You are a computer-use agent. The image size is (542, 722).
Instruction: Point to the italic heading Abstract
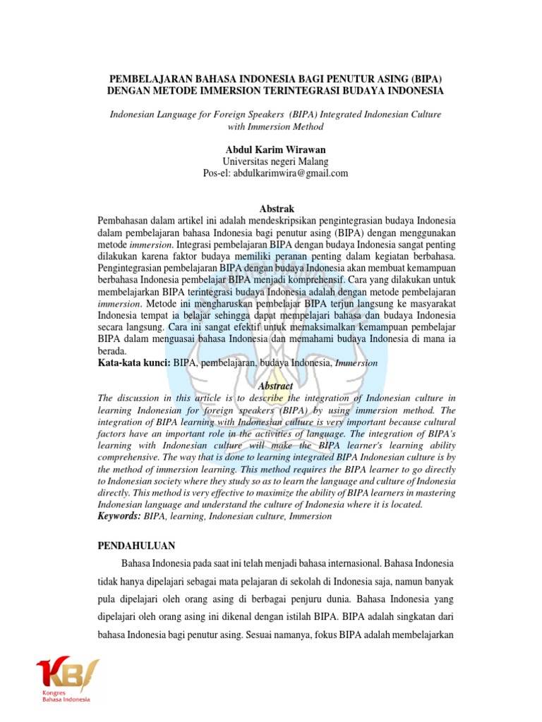[x=275, y=386]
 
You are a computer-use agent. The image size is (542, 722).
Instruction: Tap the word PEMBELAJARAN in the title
[x=151, y=80]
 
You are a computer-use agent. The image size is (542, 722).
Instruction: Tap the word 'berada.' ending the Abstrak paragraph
[x=112, y=350]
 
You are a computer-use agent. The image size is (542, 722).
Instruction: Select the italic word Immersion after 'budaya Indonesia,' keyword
[x=356, y=362]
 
